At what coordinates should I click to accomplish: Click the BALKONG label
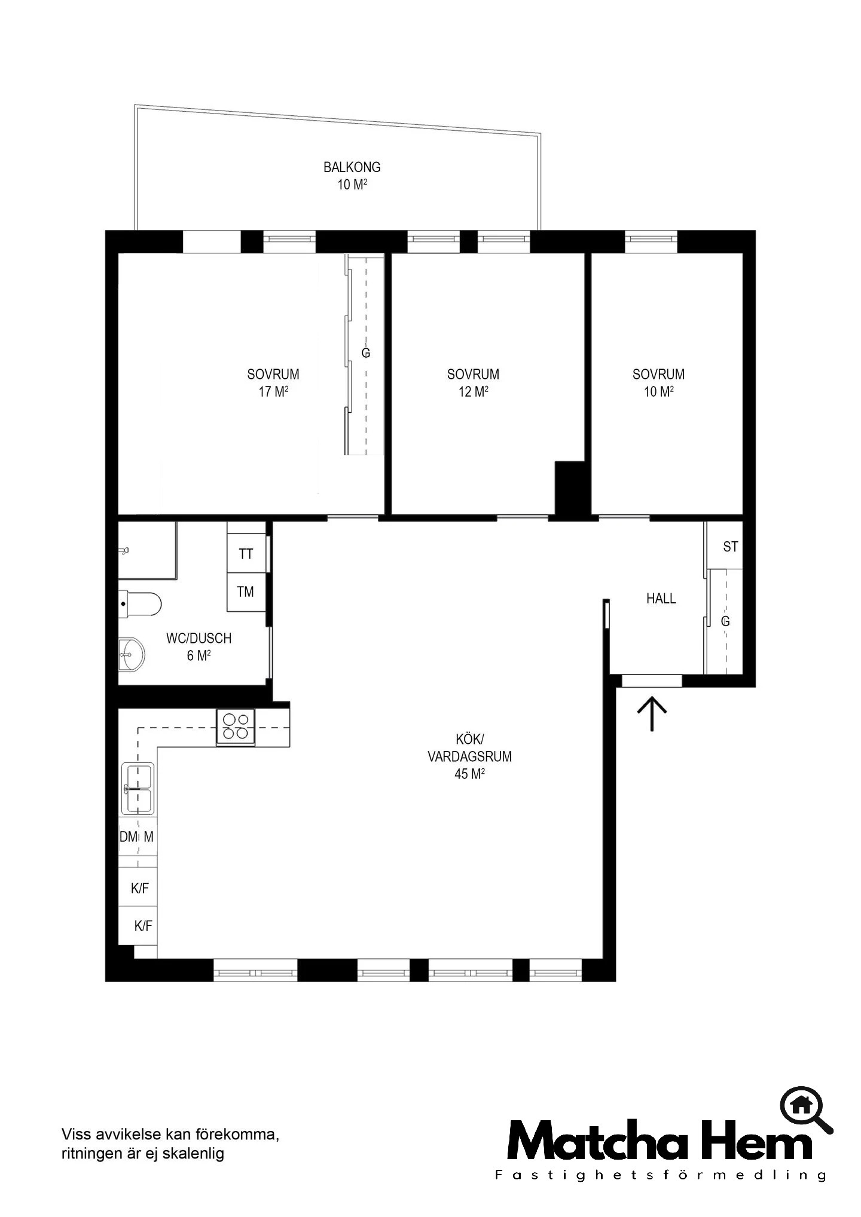point(352,167)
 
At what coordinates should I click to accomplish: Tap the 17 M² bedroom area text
point(273,392)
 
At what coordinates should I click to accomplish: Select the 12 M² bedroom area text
point(473,392)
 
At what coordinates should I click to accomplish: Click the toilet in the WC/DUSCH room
point(140,603)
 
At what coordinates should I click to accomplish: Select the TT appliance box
point(246,554)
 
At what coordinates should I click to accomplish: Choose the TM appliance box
point(246,592)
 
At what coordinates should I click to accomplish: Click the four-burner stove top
point(236,726)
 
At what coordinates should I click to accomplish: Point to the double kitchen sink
point(138,789)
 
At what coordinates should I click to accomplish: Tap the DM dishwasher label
point(129,837)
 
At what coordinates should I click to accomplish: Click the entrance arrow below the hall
point(651,713)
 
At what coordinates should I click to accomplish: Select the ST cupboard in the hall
point(725,546)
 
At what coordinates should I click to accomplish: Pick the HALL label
point(661,599)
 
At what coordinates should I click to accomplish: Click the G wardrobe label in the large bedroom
point(366,353)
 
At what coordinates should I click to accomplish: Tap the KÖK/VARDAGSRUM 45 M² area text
point(469,757)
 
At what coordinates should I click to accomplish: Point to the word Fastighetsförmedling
point(661,1175)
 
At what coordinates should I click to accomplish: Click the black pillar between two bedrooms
point(570,488)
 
